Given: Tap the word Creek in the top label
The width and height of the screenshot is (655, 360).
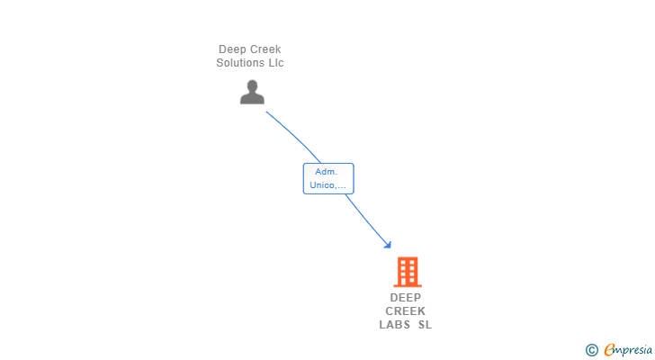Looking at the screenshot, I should pyautogui.click(x=266, y=49).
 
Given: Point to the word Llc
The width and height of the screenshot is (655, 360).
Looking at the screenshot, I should pyautogui.click(x=275, y=63).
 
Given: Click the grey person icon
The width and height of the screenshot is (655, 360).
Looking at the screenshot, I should pyautogui.click(x=252, y=92).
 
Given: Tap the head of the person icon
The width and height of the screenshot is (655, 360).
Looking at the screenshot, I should pyautogui.click(x=252, y=85).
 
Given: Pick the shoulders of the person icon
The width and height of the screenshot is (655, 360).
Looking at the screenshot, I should pyautogui.click(x=252, y=98).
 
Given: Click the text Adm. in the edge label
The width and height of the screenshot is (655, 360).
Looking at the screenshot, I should pyautogui.click(x=325, y=171).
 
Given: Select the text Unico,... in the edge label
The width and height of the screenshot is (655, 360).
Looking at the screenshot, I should pyautogui.click(x=327, y=185).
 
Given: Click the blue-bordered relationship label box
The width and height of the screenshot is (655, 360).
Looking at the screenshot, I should pyautogui.click(x=328, y=178).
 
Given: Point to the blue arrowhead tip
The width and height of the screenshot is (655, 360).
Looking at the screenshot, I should pyautogui.click(x=390, y=247).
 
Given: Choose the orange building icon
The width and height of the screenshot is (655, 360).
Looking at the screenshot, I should pyautogui.click(x=407, y=271).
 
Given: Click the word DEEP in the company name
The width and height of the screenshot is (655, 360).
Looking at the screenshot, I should pyautogui.click(x=406, y=298).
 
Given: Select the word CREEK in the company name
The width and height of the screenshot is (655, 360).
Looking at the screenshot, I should pyautogui.click(x=406, y=311).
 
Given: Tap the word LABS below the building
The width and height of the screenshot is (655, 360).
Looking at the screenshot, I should pyautogui.click(x=394, y=325).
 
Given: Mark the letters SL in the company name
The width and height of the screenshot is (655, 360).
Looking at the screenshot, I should pyautogui.click(x=425, y=325).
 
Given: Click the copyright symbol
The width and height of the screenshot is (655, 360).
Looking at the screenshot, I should pyautogui.click(x=591, y=350).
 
